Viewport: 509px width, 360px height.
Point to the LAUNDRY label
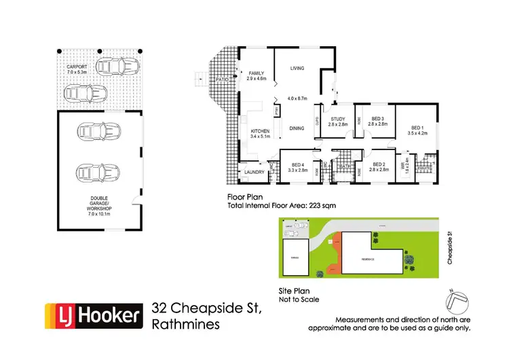255,173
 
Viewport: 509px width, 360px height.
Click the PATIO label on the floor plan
221,79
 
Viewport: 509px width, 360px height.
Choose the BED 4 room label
297,165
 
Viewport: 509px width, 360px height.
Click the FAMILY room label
256,73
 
